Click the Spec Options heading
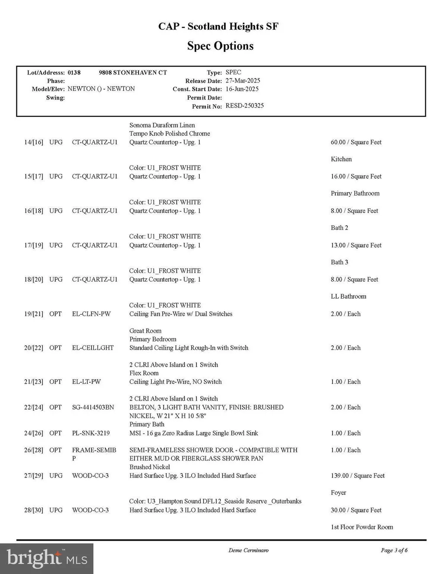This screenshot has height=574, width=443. (x=220, y=46)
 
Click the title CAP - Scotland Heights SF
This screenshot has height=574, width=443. (x=218, y=26)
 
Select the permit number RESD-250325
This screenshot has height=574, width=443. (x=244, y=106)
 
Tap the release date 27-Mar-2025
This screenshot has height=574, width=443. (x=243, y=81)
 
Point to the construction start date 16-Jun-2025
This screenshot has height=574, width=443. (x=242, y=89)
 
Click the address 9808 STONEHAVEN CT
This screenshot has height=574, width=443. (x=133, y=72)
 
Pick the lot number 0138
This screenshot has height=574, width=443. (x=74, y=72)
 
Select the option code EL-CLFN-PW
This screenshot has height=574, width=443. (x=91, y=314)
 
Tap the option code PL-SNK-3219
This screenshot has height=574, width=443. (x=91, y=433)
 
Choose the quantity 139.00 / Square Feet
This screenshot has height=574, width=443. (x=357, y=476)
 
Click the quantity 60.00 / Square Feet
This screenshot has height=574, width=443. (x=356, y=142)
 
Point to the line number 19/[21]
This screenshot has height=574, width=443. (x=34, y=314)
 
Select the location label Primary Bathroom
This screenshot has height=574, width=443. (x=355, y=193)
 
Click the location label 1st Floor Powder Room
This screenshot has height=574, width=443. (x=362, y=527)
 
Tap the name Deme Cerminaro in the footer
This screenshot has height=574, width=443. (x=248, y=550)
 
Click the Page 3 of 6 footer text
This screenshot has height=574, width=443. (x=394, y=550)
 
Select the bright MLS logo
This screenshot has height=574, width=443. (x=47, y=558)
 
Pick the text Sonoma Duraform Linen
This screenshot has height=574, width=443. (x=162, y=125)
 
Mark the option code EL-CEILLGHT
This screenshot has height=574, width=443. (x=93, y=348)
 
